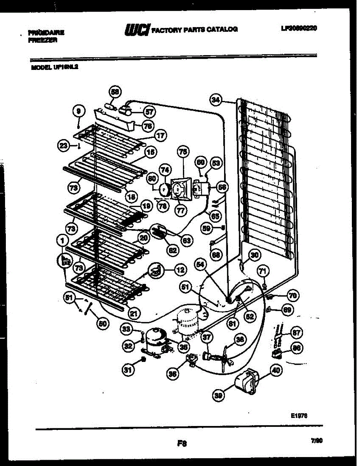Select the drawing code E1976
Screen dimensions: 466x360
[299, 415]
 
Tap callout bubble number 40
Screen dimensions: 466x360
[275, 370]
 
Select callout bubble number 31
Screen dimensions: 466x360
[128, 370]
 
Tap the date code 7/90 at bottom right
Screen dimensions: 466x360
[317, 441]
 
